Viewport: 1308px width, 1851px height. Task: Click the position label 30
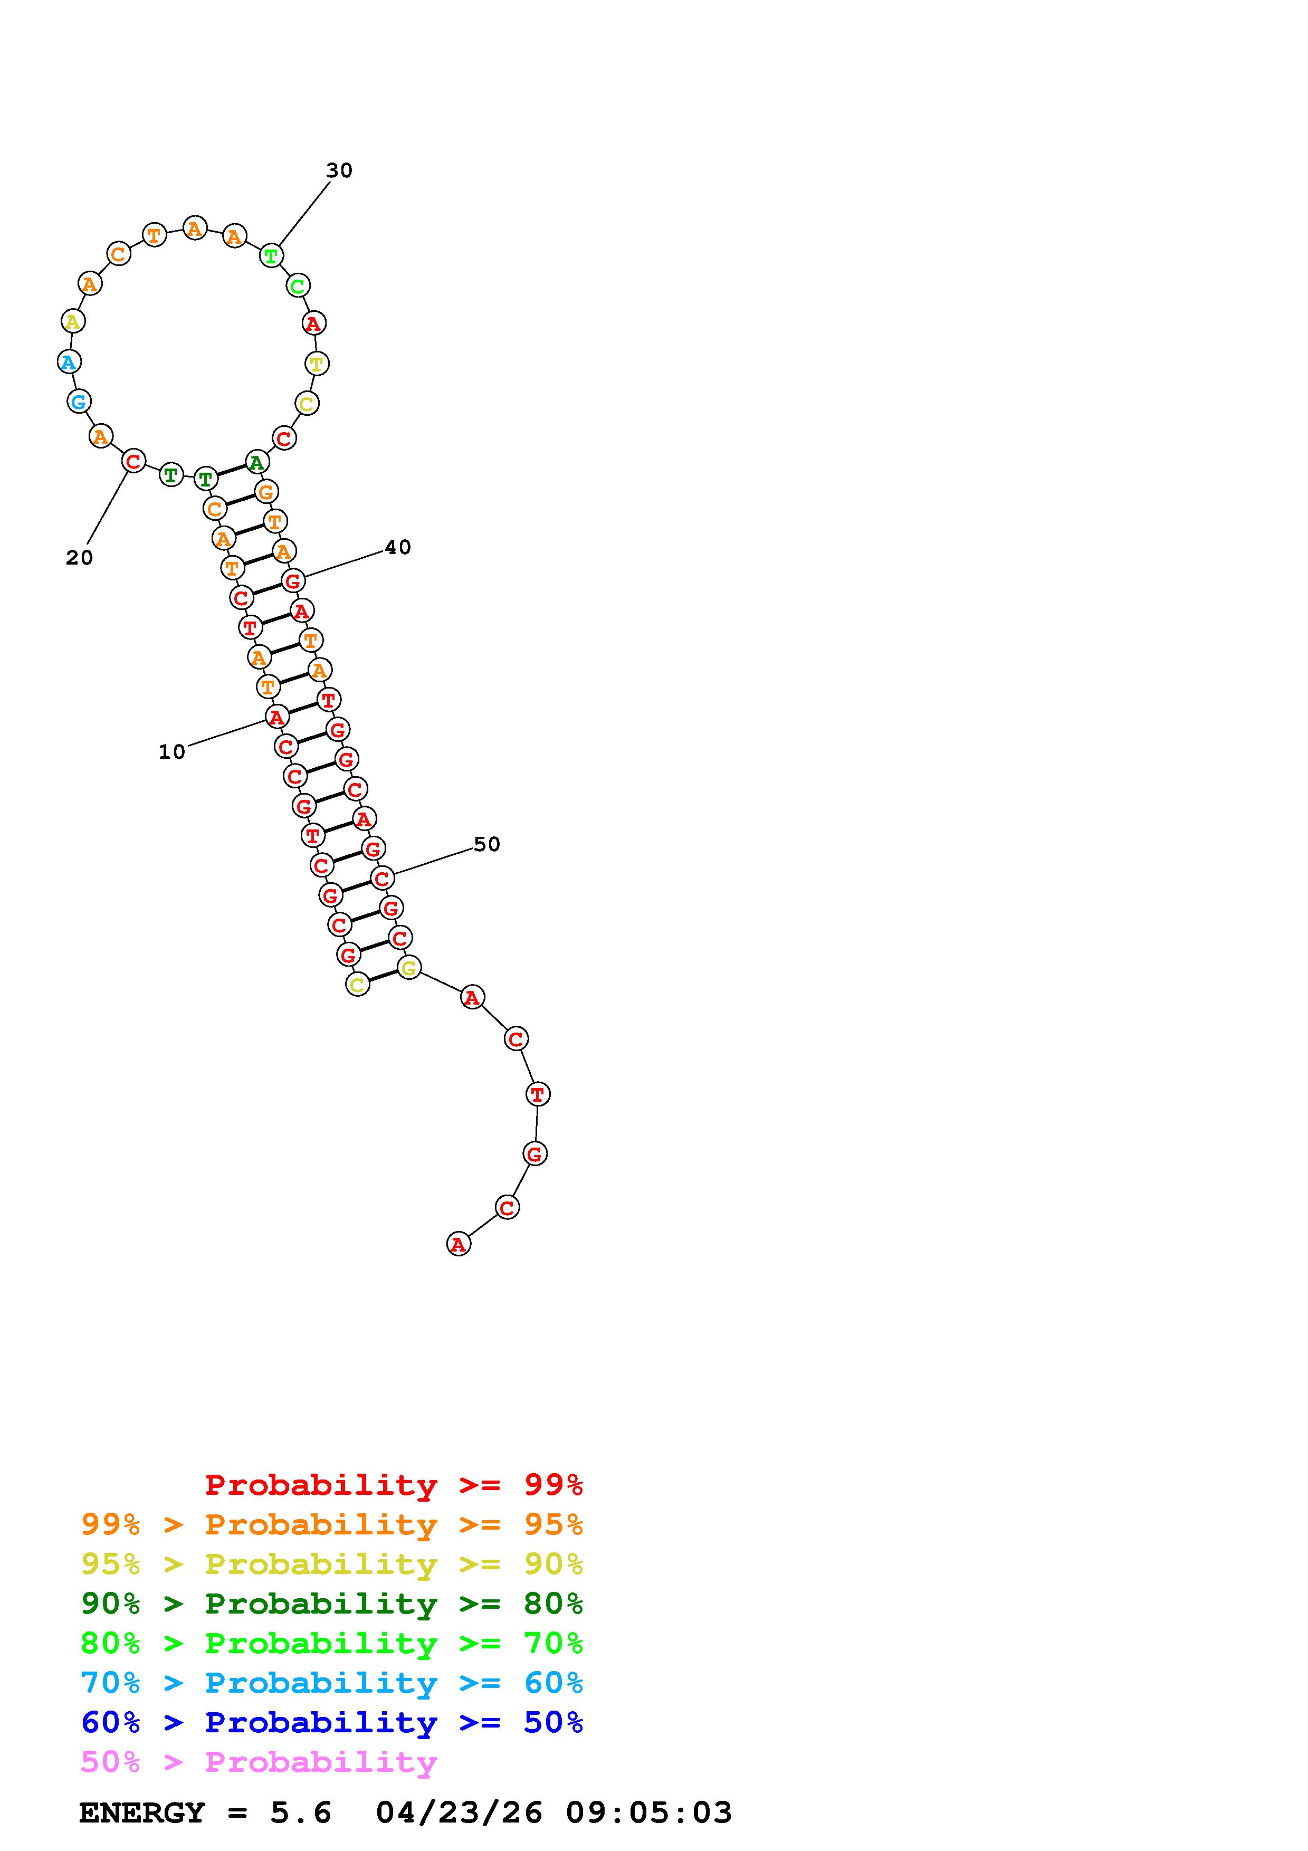tap(339, 170)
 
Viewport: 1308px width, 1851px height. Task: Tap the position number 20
tap(79, 557)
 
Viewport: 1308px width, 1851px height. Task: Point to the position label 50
tap(487, 844)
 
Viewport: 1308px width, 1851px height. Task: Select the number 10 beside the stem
tap(171, 751)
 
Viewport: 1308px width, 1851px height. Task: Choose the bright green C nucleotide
tap(298, 285)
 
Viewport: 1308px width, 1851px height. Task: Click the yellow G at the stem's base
tap(409, 967)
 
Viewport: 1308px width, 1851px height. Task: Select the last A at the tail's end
tap(459, 1244)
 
